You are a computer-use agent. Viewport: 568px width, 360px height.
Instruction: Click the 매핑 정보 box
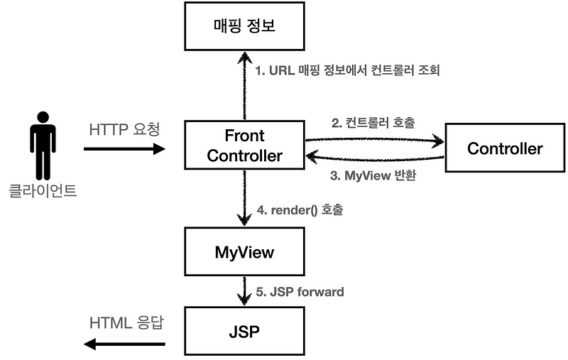pos(244,28)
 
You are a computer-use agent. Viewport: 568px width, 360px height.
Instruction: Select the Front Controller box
pos(244,145)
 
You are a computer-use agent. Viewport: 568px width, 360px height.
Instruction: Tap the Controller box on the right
pos(505,148)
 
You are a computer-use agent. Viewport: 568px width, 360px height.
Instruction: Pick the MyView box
pos(244,251)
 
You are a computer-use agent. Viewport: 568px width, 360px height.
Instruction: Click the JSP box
pos(244,331)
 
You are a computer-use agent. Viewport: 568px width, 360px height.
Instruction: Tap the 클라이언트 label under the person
pos(43,190)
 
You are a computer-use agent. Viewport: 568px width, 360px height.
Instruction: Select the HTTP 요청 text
pos(125,130)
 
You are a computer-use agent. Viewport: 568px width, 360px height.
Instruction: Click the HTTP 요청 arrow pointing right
pos(124,149)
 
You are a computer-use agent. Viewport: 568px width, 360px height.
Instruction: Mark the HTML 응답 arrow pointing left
pos(124,344)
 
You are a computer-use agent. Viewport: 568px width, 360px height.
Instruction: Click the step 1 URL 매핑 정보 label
pos(349,72)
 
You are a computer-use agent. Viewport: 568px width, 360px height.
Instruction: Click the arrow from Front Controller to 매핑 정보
pos(244,85)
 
